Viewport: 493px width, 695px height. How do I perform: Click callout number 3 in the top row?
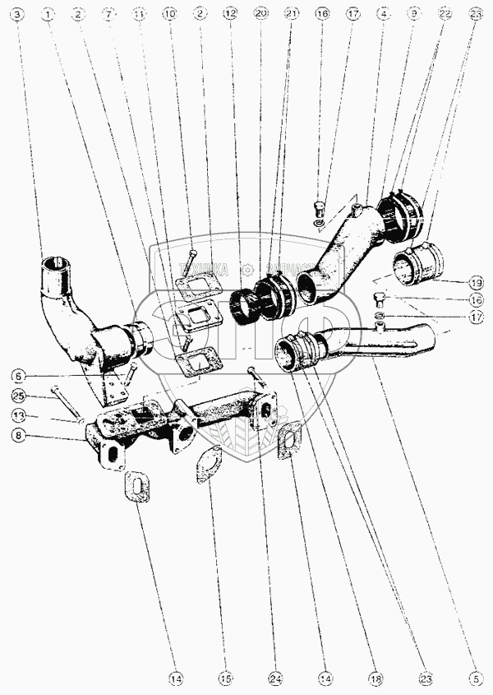click(x=18, y=15)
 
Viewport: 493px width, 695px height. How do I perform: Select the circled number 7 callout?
click(x=107, y=15)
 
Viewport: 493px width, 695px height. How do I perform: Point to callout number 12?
click(x=231, y=15)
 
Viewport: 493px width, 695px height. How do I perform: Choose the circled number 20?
click(x=261, y=15)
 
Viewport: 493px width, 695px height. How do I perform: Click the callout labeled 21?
click(x=290, y=15)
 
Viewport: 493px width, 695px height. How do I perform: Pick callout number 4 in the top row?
click(x=382, y=15)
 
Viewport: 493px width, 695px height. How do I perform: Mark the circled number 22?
click(x=444, y=15)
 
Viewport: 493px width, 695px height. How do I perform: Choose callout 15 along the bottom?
click(x=224, y=679)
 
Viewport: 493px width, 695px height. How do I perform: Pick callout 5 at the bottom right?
click(x=475, y=679)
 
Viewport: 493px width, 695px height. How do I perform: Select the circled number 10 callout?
click(x=169, y=15)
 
